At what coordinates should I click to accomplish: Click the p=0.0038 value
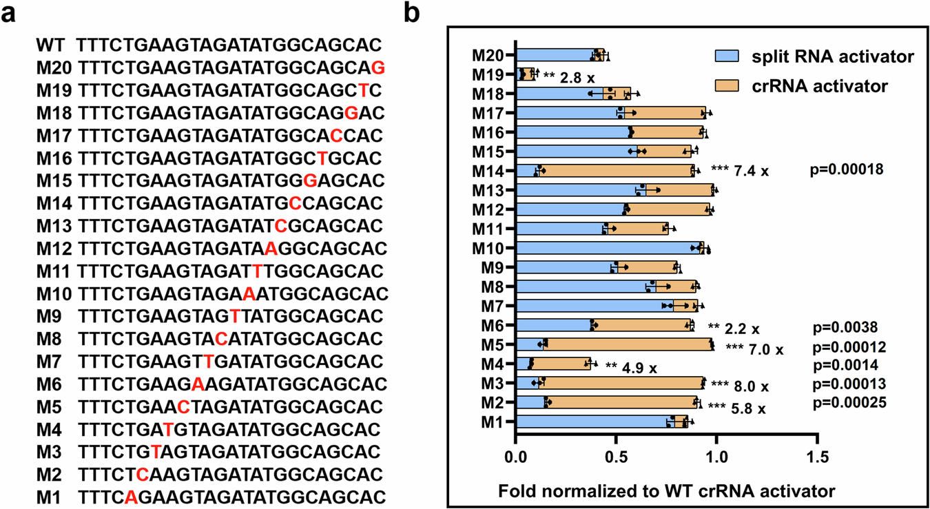click(x=848, y=328)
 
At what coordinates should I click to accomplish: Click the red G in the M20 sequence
click(x=378, y=67)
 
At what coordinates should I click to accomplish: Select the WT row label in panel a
click(x=50, y=46)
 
